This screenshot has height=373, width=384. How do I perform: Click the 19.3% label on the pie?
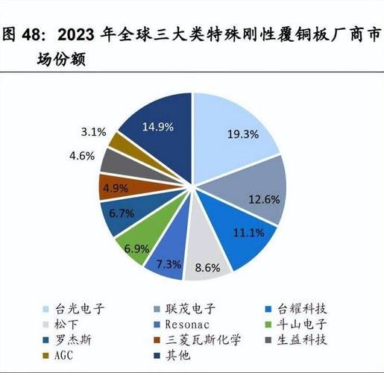[x=242, y=135]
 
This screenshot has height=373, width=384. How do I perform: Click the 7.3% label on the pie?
[x=169, y=264]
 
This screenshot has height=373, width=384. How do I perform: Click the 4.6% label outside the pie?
[x=82, y=156]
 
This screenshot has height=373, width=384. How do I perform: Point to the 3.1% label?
[x=92, y=131]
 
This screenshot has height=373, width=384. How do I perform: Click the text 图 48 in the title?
[x=22, y=34]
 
